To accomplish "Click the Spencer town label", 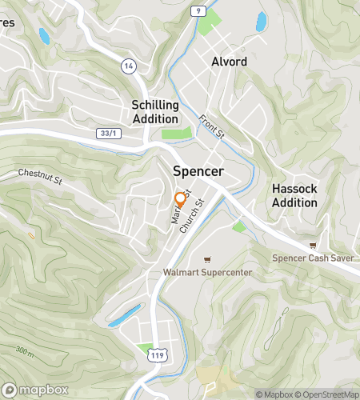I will point(198,171).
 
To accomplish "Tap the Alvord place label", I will point(229,62).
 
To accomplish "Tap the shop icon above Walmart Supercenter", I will point(207,259).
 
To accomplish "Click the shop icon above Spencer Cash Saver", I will point(312,245).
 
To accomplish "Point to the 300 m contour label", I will point(24,350).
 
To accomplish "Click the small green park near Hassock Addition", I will point(238,227).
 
